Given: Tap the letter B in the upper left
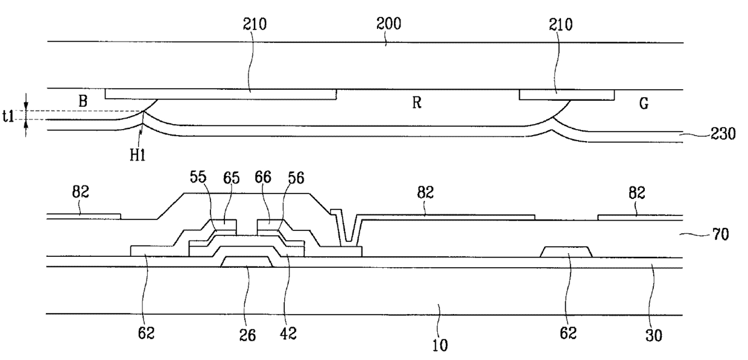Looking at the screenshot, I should (83, 101).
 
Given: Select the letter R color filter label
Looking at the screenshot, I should (416, 103).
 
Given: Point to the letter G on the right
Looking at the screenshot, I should (644, 104).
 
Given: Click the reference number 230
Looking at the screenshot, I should (723, 135).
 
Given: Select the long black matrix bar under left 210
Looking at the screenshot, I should (221, 94).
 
